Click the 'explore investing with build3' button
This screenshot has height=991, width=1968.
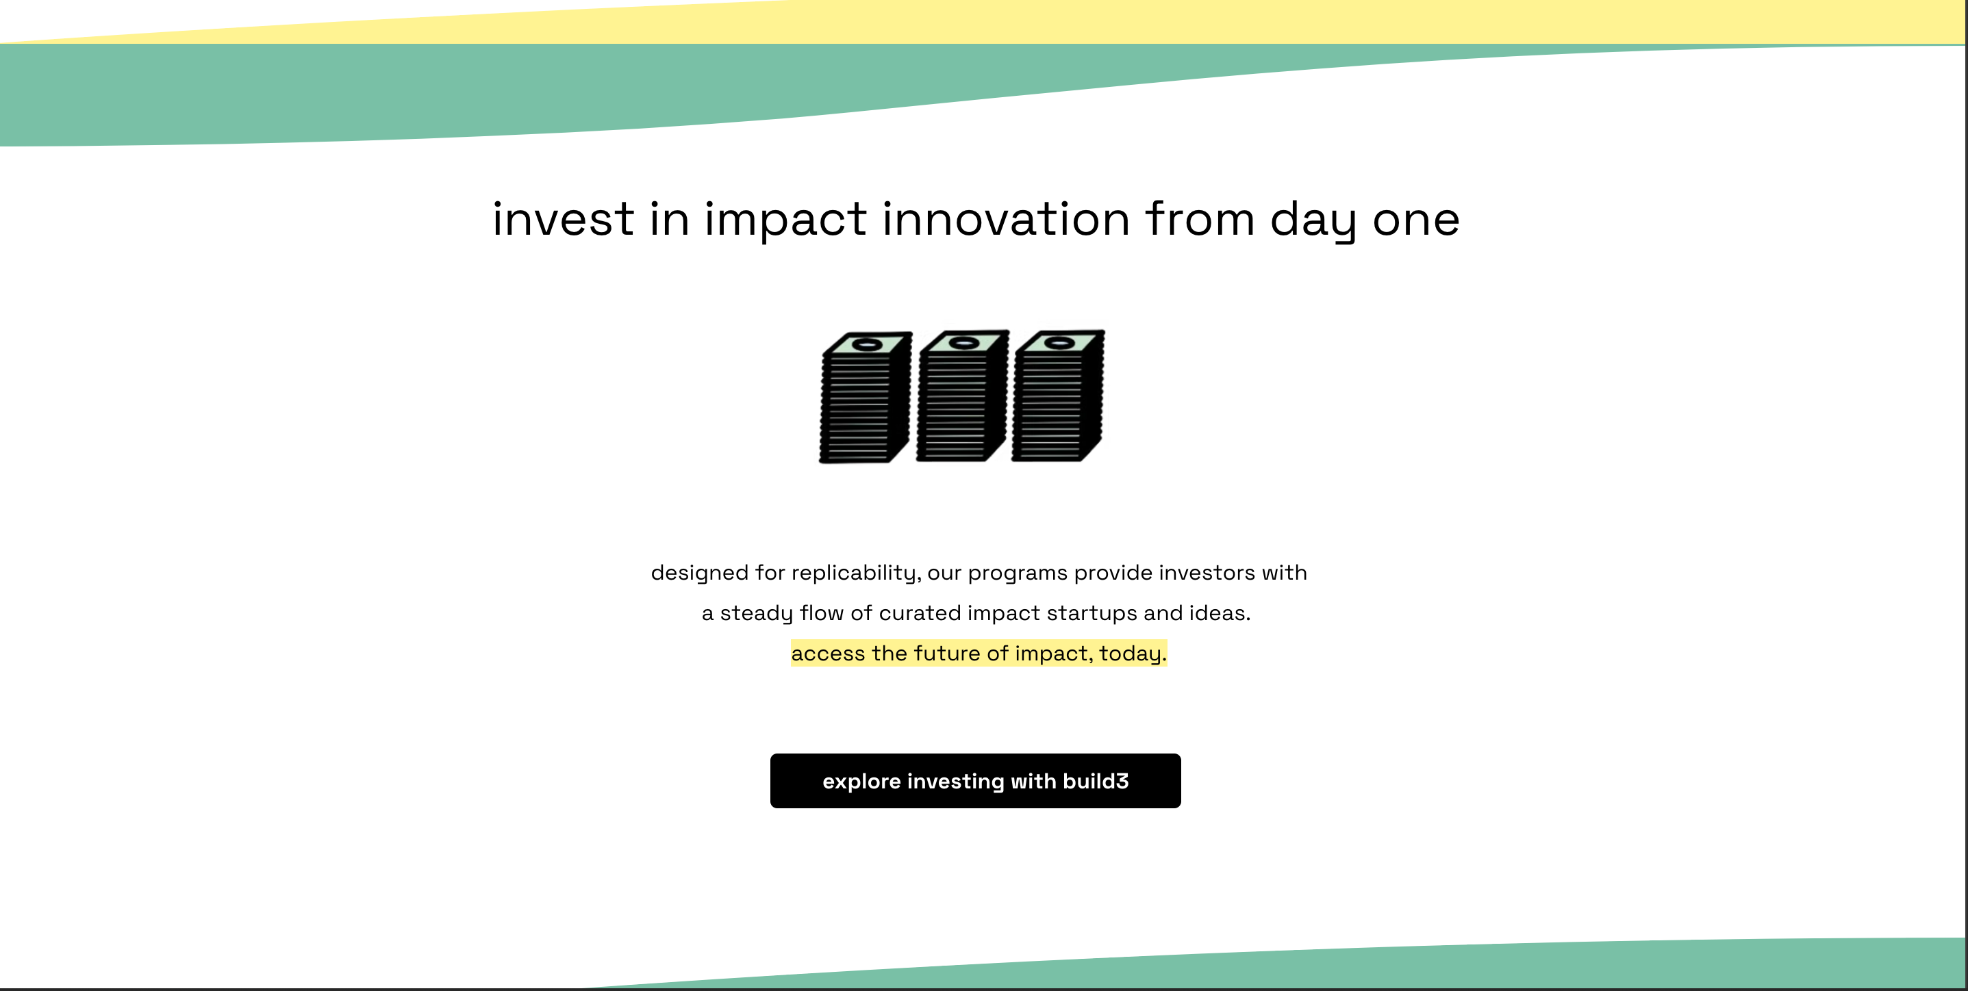coord(975,780)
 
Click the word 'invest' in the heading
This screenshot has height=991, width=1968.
coord(563,219)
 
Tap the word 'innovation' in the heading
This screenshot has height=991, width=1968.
coord(1006,219)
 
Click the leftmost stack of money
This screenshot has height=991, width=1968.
coord(866,397)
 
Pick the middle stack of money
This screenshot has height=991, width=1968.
coord(963,396)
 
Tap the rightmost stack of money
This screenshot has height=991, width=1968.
coord(1058,396)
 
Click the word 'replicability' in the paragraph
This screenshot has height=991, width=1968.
coord(853,574)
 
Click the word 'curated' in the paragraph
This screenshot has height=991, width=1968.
coord(920,613)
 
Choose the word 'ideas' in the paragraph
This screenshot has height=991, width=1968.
coord(1218,613)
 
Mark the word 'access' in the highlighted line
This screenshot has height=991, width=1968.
coord(828,654)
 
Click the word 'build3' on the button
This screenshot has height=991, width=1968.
coord(1096,781)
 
